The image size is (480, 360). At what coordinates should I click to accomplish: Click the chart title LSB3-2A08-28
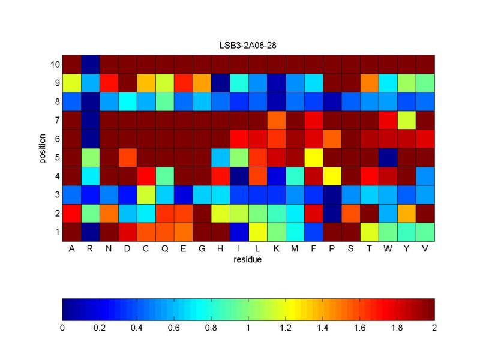pyautogui.click(x=248, y=45)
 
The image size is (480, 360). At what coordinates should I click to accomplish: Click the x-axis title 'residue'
pyautogui.click(x=248, y=260)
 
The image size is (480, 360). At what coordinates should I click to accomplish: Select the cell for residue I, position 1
pyautogui.click(x=239, y=232)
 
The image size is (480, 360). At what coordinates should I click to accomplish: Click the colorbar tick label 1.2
pyautogui.click(x=286, y=328)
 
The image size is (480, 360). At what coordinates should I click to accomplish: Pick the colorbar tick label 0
pyautogui.click(x=62, y=328)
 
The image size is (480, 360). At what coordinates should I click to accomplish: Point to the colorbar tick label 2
pyautogui.click(x=434, y=328)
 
